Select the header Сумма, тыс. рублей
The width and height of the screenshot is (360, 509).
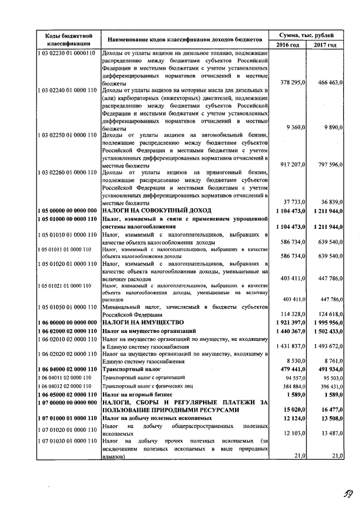pos(307,35)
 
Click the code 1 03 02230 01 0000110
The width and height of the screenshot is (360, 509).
pos(67,53)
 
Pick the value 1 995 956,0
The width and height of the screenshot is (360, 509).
pos(326,323)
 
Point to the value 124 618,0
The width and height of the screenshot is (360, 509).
pos(329,314)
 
